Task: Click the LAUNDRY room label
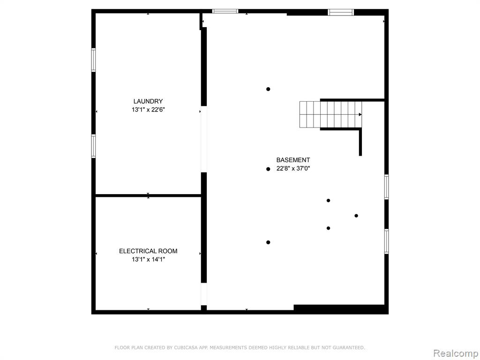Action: click(148, 101)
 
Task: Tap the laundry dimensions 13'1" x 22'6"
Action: click(148, 110)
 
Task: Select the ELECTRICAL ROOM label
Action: click(148, 251)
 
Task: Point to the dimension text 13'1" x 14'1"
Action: click(148, 260)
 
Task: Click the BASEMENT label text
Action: click(293, 160)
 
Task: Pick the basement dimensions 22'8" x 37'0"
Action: click(293, 168)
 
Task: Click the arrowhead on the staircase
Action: click(360, 114)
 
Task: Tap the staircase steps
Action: click(330, 114)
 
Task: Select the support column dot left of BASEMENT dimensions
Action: click(268, 169)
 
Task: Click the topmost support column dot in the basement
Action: click(268, 89)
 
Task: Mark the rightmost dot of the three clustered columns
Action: click(356, 216)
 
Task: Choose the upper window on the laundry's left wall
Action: click(94, 60)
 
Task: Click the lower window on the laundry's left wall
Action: click(94, 146)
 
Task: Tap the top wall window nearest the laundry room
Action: click(225, 11)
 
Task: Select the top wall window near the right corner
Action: click(341, 12)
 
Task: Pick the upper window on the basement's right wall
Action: click(386, 187)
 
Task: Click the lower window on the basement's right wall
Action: click(386, 241)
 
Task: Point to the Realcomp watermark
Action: click(456, 353)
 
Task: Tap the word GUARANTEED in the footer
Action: click(349, 347)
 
